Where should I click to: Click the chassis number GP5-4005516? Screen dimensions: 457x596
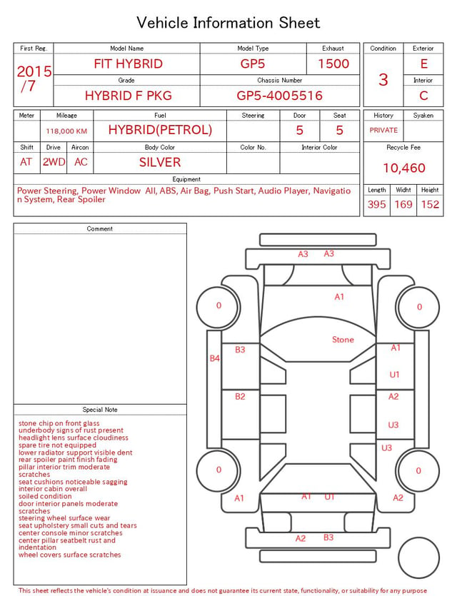click(279, 96)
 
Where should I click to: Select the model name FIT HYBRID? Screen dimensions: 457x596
click(128, 64)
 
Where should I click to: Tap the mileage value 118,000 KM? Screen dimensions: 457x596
click(66, 131)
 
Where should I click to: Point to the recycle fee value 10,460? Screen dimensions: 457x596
click(403, 168)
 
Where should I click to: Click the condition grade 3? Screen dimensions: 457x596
click(383, 80)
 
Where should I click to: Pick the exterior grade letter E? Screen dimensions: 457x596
click(423, 64)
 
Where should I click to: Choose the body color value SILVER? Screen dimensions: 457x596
click(160, 162)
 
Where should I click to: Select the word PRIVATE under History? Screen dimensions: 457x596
click(383, 130)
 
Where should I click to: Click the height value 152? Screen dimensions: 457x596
click(430, 204)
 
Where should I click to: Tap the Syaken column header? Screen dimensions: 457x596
click(423, 115)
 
